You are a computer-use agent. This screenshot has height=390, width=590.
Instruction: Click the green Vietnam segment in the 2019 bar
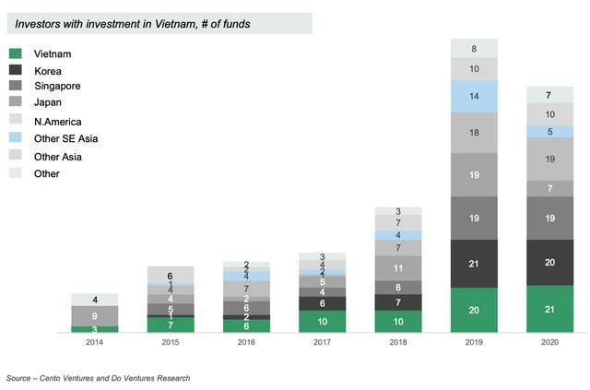pos(474,310)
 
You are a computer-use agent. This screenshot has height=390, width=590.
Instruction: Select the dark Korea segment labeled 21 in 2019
pos(474,265)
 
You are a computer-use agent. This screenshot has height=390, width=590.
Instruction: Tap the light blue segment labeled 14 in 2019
pos(474,96)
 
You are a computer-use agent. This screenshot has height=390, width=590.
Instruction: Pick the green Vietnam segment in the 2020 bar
pos(549,309)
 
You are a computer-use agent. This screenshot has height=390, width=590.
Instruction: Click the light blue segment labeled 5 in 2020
pos(549,132)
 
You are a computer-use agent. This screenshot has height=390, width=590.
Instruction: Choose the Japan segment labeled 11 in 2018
pos(398,268)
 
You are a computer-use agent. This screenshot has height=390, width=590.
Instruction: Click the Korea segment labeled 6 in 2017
pos(323,303)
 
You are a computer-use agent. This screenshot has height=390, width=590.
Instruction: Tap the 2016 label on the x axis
pos(247,343)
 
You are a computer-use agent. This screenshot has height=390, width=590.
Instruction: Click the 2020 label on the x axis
pos(549,343)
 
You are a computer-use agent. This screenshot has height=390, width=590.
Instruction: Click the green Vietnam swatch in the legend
pos(17,54)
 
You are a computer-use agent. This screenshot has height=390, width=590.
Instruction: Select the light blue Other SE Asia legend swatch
pos(17,139)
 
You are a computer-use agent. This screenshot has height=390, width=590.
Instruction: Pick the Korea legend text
pos(48,71)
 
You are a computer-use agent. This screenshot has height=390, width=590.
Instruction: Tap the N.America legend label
pos(56,122)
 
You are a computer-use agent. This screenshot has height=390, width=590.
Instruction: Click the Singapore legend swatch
pos(17,88)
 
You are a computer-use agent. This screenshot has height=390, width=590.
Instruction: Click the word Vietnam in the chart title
pos(193,23)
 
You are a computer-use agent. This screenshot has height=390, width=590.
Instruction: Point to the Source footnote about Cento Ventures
pos(98,378)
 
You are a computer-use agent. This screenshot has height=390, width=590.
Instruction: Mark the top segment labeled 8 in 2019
pos(474,48)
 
